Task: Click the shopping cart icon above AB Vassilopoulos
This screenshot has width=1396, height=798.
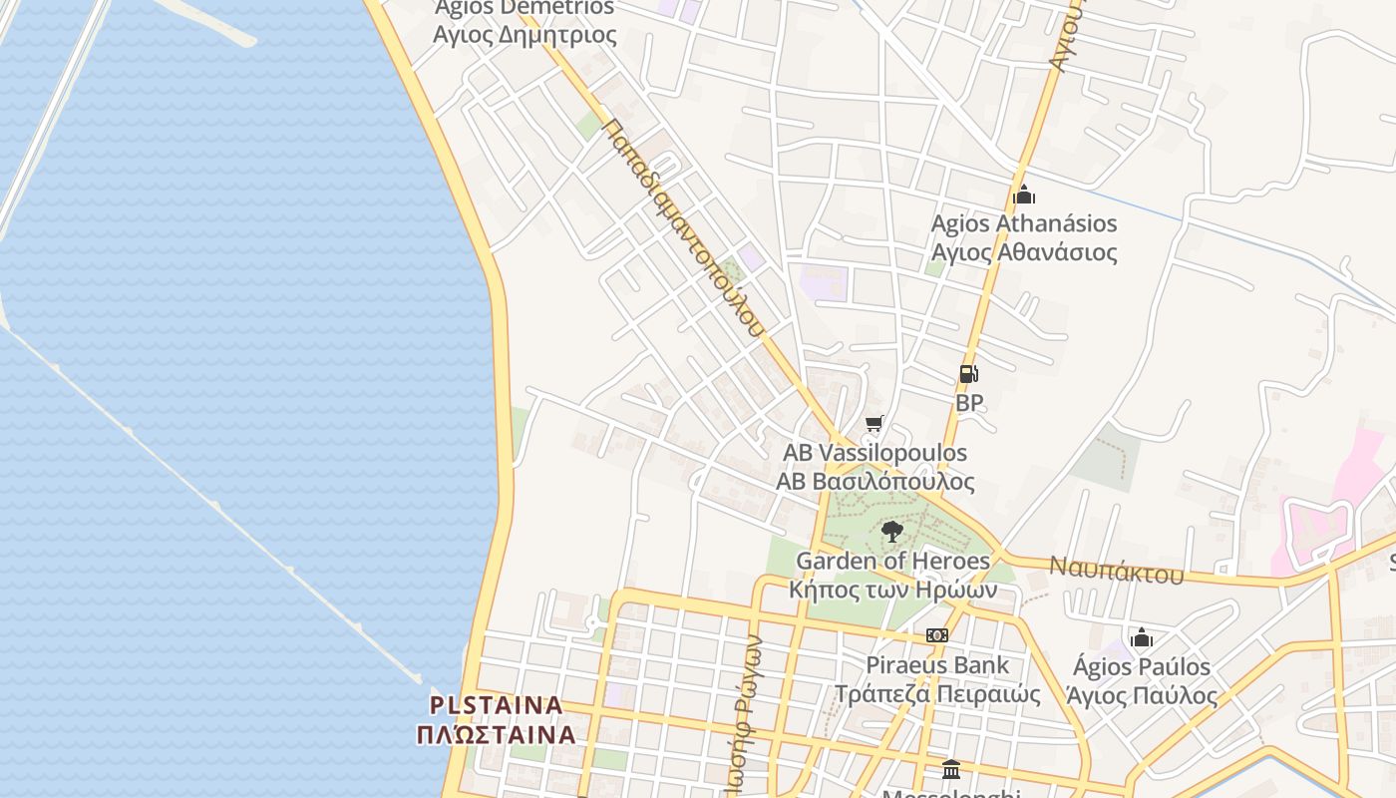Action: [x=874, y=424]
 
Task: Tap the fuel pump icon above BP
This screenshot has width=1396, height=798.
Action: [x=968, y=374]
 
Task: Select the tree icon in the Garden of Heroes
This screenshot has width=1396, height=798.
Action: [x=892, y=531]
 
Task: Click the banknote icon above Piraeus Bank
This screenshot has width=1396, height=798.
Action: [x=936, y=635]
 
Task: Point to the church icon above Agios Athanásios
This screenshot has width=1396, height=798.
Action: [x=1023, y=195]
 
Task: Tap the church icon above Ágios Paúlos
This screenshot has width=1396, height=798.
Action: [x=1142, y=637]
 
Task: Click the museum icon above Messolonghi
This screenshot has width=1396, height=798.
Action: [x=951, y=769]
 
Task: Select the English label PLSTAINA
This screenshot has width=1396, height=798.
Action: [x=497, y=705]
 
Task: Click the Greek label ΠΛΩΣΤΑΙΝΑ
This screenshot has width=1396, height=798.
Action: [x=497, y=735]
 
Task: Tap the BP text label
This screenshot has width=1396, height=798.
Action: [x=969, y=403]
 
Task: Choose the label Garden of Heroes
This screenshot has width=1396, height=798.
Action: [x=892, y=562]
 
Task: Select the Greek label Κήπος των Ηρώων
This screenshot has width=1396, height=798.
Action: [x=892, y=590]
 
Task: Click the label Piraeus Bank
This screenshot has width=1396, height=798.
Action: [x=937, y=665]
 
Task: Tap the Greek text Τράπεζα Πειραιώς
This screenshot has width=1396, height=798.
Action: [x=937, y=694]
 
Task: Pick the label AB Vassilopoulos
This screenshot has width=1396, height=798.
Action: [x=874, y=453]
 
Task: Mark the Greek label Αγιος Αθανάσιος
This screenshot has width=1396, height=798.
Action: [x=1024, y=252]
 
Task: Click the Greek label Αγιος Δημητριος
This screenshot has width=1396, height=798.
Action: [x=524, y=36]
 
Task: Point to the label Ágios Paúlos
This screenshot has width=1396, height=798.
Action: [x=1142, y=666]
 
